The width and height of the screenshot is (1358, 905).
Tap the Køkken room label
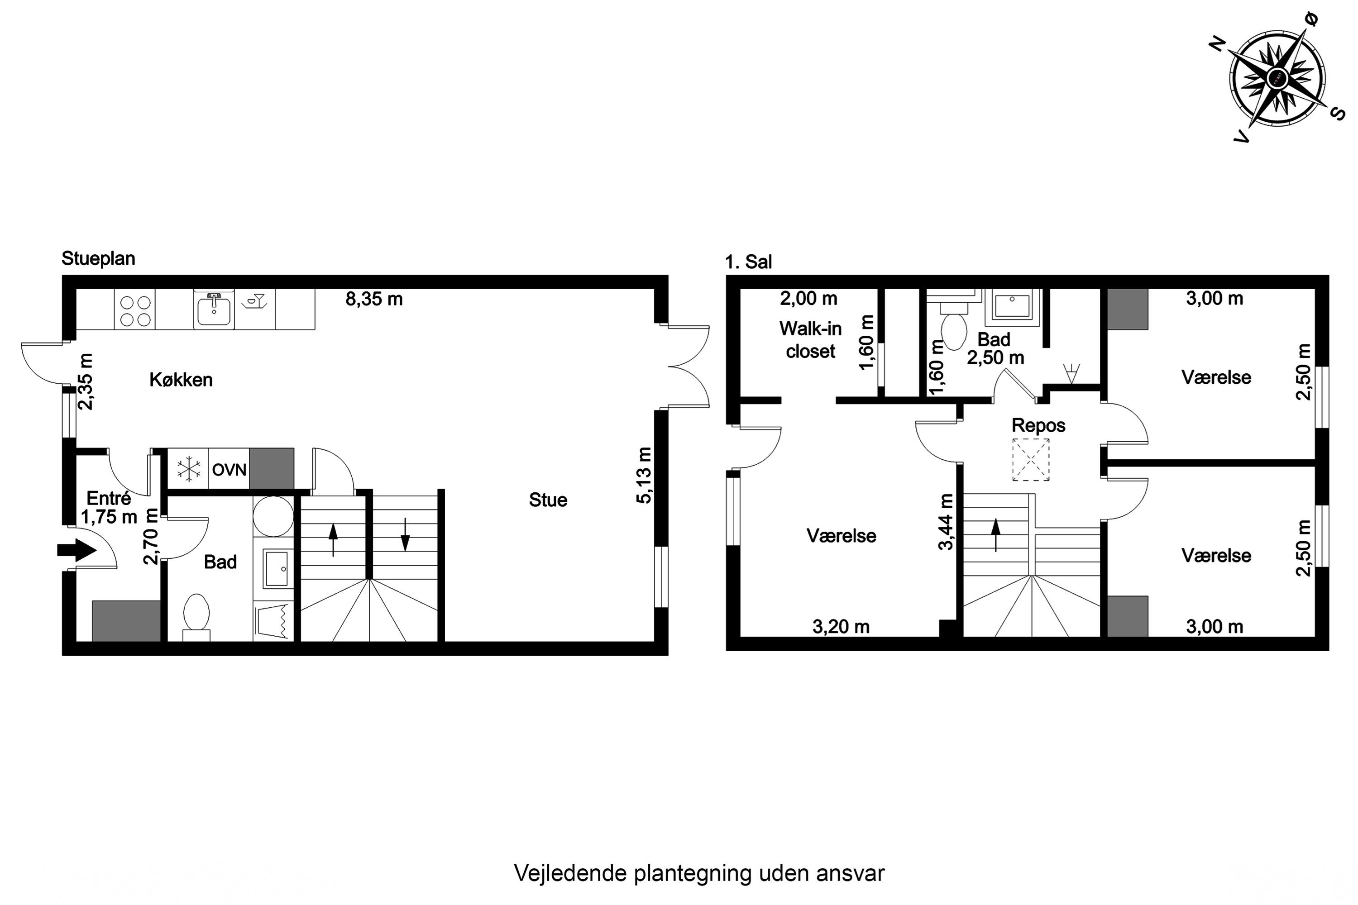click(x=181, y=380)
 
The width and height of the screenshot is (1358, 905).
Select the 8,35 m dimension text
click(x=374, y=299)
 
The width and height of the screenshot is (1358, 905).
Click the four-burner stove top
click(x=135, y=310)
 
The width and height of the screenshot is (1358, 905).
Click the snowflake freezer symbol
click(x=188, y=469)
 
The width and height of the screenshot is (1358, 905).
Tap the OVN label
click(x=229, y=470)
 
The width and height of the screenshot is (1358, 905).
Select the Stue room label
click(x=548, y=500)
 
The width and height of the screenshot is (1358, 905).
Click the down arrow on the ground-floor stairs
click(x=405, y=534)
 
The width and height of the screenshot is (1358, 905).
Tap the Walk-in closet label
click(x=811, y=340)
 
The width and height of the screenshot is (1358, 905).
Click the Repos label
click(x=1038, y=425)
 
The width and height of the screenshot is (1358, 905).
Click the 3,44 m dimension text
click(x=945, y=522)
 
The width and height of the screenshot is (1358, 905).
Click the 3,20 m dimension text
click(x=841, y=626)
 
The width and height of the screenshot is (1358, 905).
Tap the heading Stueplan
click(x=98, y=258)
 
